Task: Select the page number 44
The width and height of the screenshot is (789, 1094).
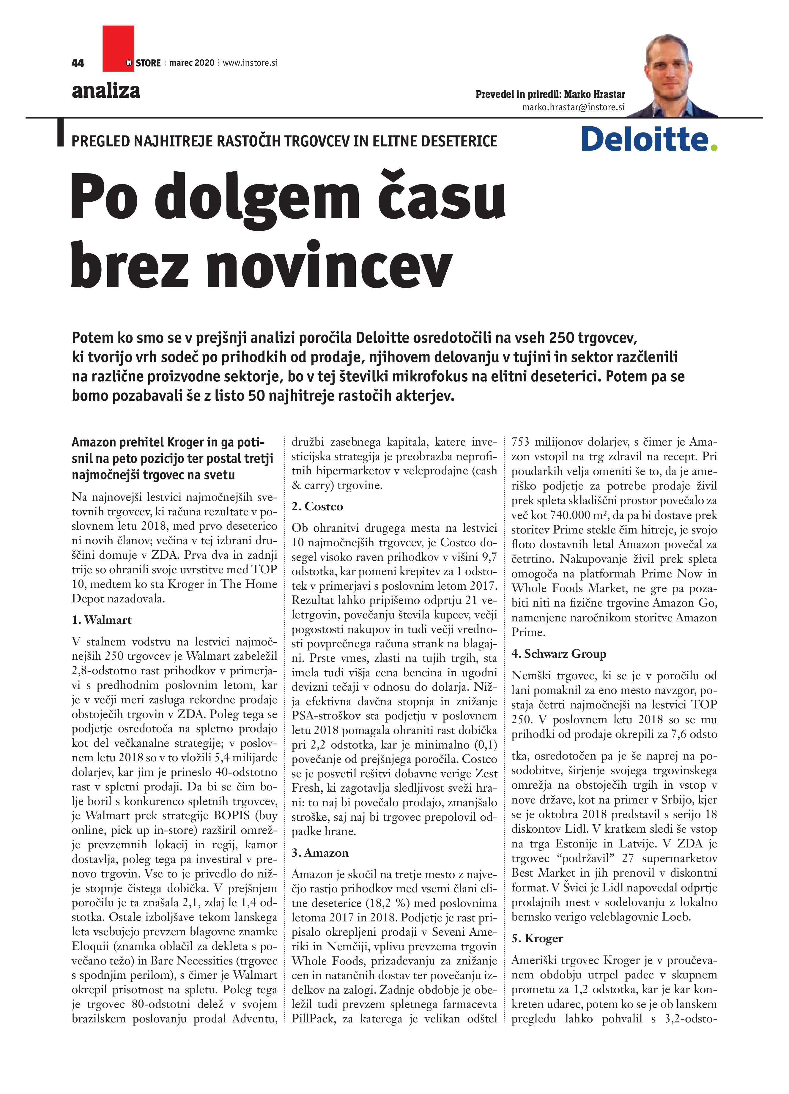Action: pyautogui.click(x=78, y=63)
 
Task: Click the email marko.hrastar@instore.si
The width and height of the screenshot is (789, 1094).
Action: pyautogui.click(x=573, y=108)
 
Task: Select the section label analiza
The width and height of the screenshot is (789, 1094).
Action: pyautogui.click(x=106, y=91)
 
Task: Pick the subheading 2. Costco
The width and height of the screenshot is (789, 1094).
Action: pyautogui.click(x=317, y=506)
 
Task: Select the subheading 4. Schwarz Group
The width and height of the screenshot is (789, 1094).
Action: pyautogui.click(x=559, y=654)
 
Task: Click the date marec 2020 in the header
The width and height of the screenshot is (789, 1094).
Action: pyautogui.click(x=192, y=63)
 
